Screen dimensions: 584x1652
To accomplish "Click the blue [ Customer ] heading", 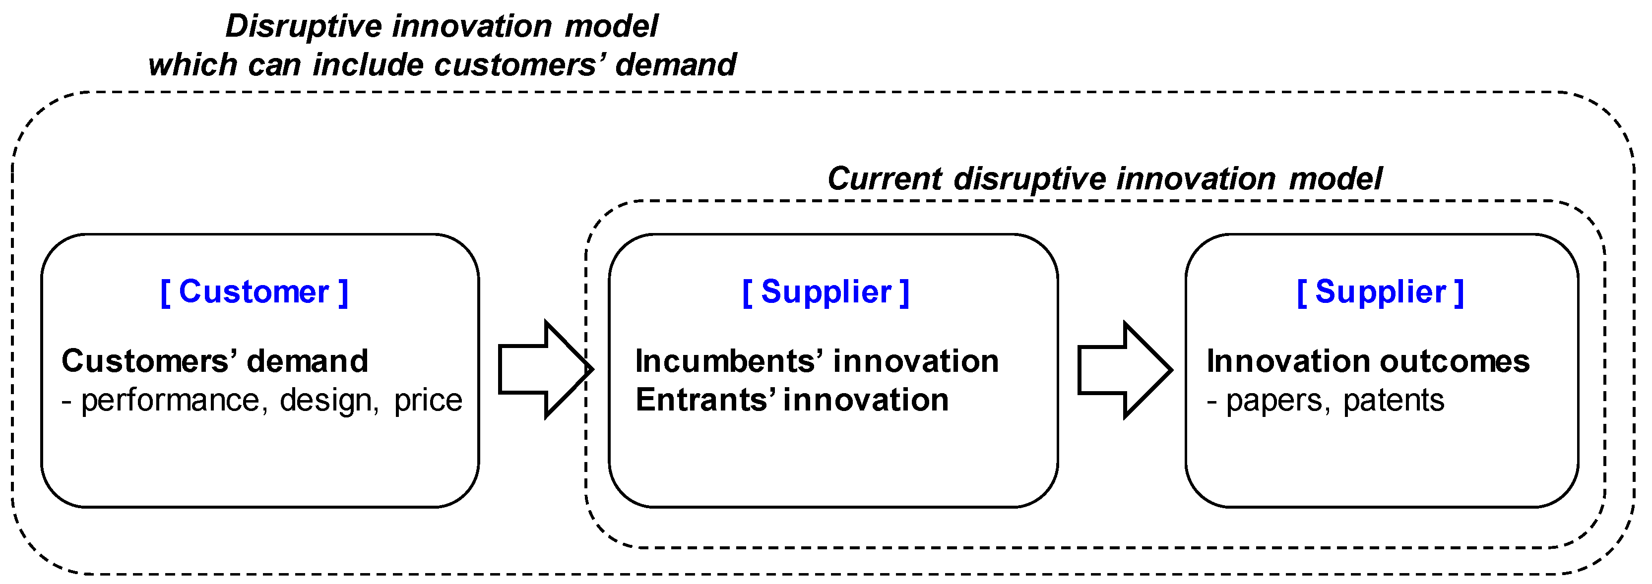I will (x=254, y=292).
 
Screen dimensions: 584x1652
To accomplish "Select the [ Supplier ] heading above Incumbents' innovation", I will (x=826, y=292).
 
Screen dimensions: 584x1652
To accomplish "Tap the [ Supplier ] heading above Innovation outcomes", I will (x=1380, y=292).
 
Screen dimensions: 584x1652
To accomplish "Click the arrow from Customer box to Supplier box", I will (x=545, y=369).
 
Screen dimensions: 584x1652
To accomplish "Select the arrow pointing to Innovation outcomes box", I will (x=1124, y=370).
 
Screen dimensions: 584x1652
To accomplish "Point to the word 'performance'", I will (x=170, y=401).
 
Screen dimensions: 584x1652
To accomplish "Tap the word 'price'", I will (x=428, y=401).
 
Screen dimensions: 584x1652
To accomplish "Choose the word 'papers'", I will (x=1273, y=401).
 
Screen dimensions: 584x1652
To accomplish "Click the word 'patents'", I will (x=1393, y=401).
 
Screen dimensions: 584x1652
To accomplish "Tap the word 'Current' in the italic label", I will (x=884, y=179).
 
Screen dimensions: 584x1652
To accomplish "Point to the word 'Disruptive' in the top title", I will (x=303, y=27).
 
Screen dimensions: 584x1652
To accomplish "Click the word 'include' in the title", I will (x=368, y=65).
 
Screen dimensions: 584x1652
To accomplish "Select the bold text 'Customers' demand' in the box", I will (x=215, y=361).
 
